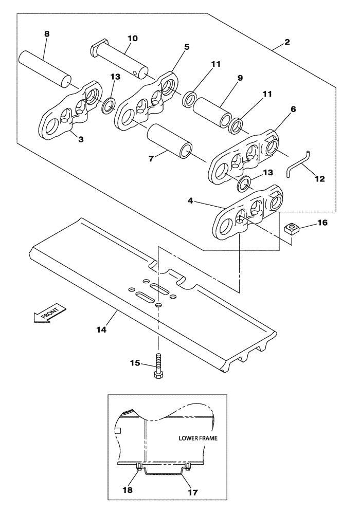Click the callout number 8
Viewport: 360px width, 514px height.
[46, 34]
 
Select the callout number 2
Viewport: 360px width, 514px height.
[287, 42]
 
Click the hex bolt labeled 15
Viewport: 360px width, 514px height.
[158, 367]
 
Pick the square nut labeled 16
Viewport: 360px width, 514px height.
[292, 229]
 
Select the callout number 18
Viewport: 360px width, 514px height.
[128, 490]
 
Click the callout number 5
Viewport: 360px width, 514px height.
[186, 47]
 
